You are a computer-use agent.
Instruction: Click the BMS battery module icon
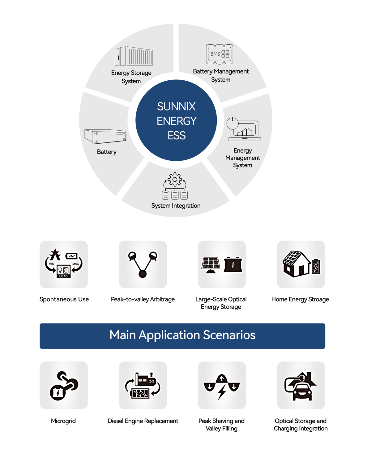point(220,54)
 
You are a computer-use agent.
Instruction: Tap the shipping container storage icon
point(134,56)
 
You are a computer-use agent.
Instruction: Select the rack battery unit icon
point(105,136)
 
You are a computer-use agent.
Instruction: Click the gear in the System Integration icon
point(175,179)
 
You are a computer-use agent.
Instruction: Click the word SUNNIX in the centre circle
point(176,107)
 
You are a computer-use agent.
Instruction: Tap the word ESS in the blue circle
point(177,136)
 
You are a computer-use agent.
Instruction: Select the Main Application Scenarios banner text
point(182,335)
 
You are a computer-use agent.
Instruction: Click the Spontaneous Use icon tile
point(64,264)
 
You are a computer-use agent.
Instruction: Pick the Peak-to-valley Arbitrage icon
point(143,264)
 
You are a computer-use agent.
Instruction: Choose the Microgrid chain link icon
point(64,385)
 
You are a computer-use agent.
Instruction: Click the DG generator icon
point(143,385)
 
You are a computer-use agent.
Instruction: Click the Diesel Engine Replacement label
point(143,421)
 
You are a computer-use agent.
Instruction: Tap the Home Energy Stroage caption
point(300,299)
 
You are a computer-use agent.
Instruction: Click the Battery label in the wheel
point(107,152)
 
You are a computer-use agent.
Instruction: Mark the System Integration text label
point(176,205)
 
